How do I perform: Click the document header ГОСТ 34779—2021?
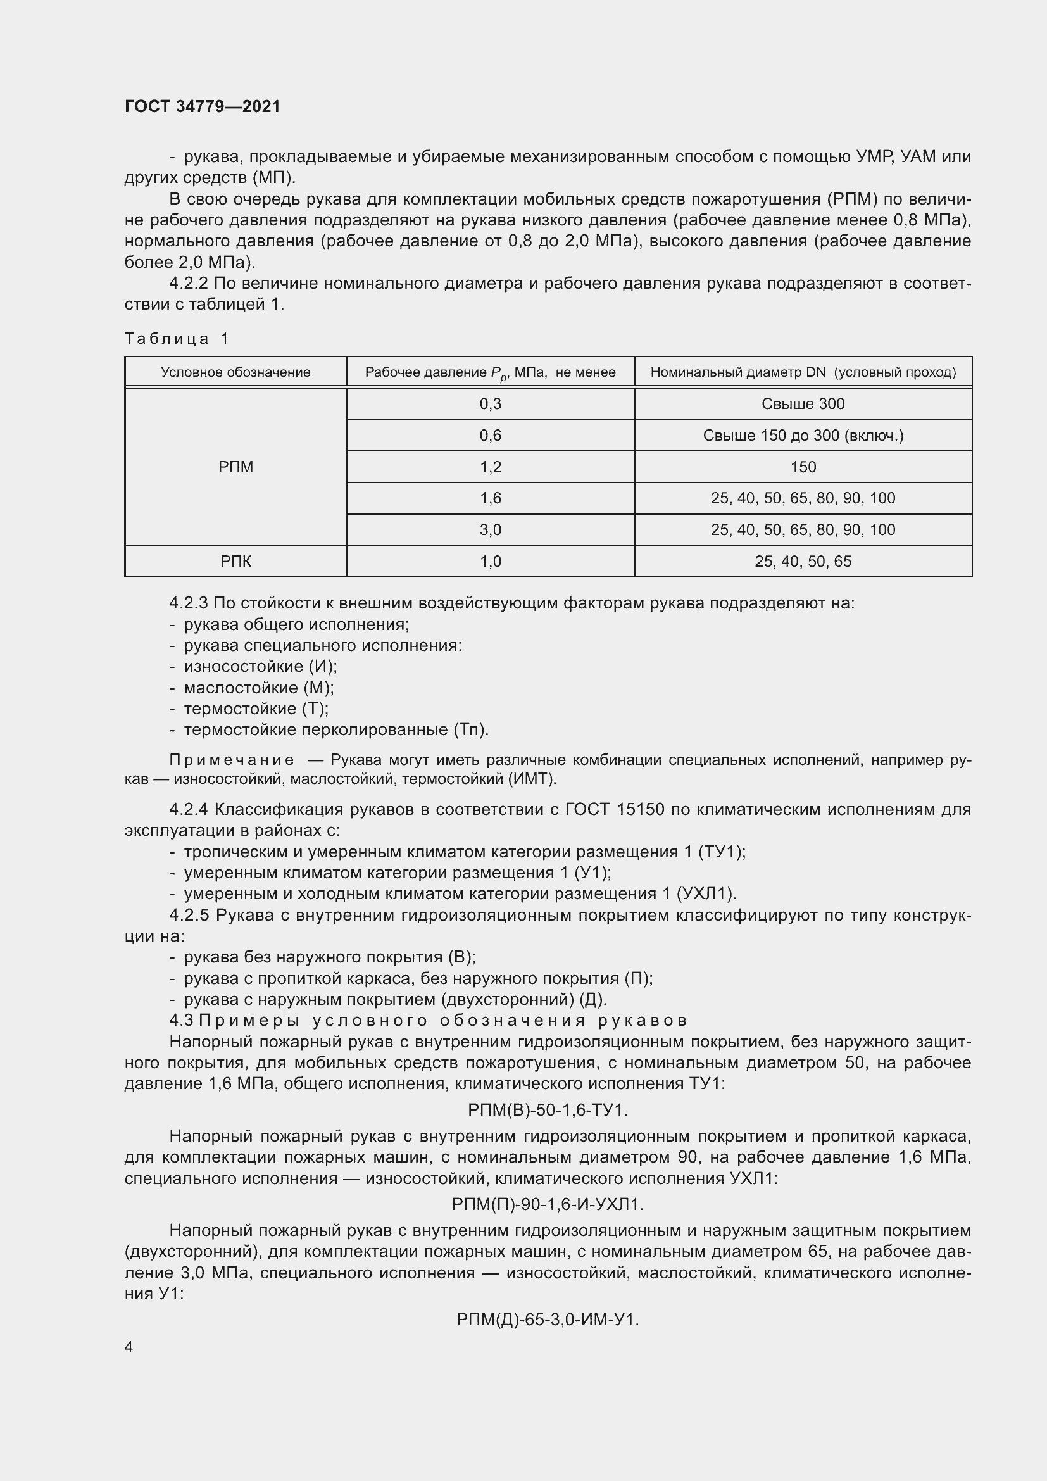[x=203, y=106]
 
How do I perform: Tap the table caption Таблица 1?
[x=177, y=339]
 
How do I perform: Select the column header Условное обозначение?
[x=235, y=372]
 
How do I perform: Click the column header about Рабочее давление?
[x=490, y=372]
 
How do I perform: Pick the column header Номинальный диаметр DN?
[x=803, y=372]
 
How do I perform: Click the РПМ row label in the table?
[x=235, y=467]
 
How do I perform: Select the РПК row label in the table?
[x=235, y=561]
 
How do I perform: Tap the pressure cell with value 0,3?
[x=490, y=404]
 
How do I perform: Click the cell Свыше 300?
[x=803, y=404]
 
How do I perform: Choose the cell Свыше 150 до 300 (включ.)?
[x=803, y=436]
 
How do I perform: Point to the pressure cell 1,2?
[x=490, y=467]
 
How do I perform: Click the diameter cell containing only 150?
[x=803, y=467]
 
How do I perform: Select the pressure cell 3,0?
[x=490, y=529]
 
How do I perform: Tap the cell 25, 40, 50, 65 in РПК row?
[x=803, y=561]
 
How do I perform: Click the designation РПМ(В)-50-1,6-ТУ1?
[x=548, y=1110]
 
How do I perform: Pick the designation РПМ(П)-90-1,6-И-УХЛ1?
[x=548, y=1204]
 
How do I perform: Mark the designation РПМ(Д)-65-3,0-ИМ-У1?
[x=548, y=1320]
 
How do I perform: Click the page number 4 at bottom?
[x=129, y=1347]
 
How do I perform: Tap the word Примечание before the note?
[x=232, y=760]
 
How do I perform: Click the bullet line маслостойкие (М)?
[x=258, y=688]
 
